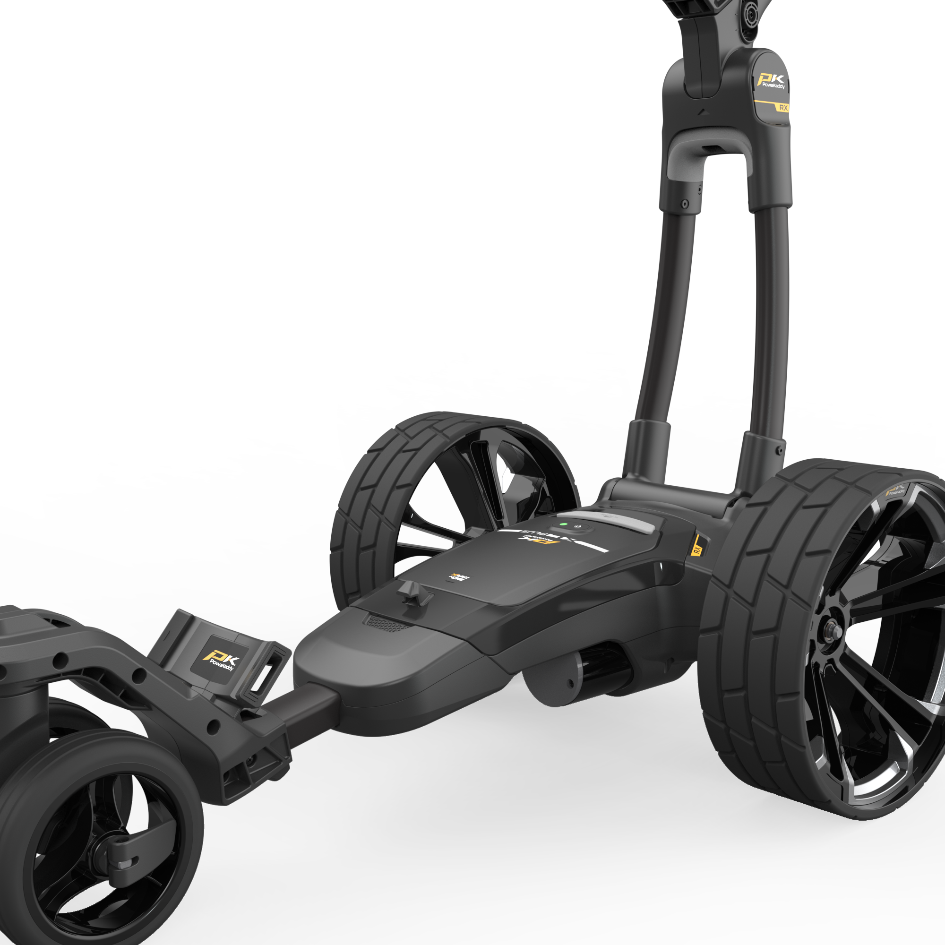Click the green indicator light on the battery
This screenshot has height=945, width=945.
(564, 524)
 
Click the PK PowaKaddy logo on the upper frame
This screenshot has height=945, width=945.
(772, 81)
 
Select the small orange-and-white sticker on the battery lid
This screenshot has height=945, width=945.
(459, 577)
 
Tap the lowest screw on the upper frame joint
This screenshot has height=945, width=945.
(685, 204)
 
